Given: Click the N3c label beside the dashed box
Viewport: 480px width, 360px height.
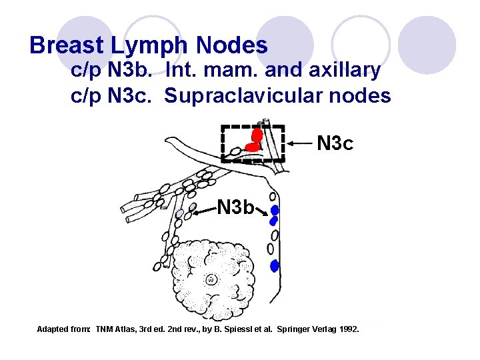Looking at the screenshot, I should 335,143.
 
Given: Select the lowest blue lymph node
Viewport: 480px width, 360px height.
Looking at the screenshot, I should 274,266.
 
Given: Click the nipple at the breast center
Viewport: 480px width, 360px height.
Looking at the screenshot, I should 212,279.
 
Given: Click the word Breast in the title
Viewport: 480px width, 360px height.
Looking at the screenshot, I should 65,45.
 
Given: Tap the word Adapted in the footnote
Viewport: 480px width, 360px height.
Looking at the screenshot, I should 53,329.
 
